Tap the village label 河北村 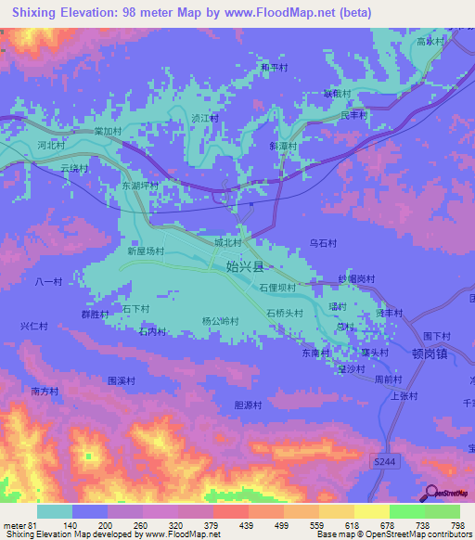(x=51, y=146)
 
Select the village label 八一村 (x=47, y=281)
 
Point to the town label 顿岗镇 (x=430, y=353)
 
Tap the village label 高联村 (x=431, y=42)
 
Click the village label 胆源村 (x=249, y=405)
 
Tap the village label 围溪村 (x=122, y=380)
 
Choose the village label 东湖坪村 (x=140, y=186)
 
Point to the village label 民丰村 (x=353, y=115)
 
